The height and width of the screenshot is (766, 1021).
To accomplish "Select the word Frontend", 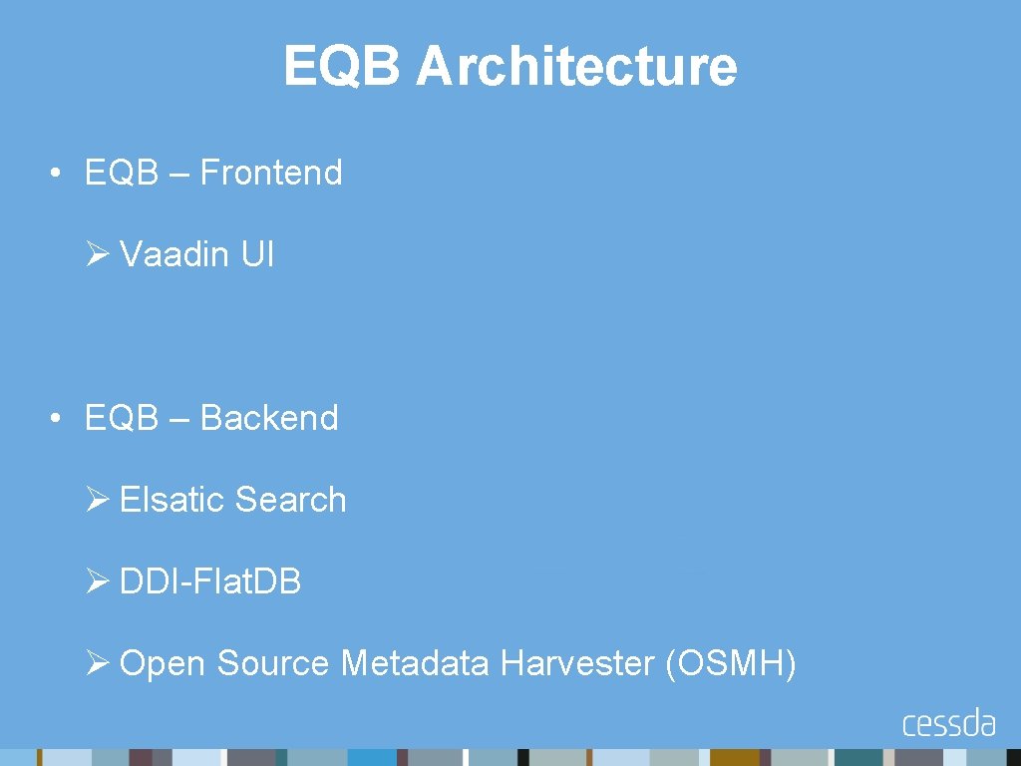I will tap(270, 173).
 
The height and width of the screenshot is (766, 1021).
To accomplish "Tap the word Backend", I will tap(269, 417).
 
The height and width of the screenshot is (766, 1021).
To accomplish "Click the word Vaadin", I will tap(174, 254).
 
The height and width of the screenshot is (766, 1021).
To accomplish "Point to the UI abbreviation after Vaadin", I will tap(256, 254).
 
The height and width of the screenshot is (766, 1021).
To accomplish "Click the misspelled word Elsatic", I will tap(172, 499).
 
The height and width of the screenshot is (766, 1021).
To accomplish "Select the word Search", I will tap(291, 499).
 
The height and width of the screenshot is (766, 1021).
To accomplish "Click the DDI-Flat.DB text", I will tap(209, 580).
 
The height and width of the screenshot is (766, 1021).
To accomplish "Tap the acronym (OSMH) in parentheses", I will tap(730, 662).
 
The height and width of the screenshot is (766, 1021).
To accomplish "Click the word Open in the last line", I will tap(164, 662).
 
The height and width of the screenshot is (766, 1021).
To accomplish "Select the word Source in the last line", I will tap(272, 662).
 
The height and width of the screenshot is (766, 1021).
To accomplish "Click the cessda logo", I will tap(948, 722).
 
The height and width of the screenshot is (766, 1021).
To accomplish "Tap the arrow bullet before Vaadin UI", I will tap(97, 255).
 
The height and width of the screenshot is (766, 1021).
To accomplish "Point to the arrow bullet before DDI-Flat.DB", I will tap(97, 581).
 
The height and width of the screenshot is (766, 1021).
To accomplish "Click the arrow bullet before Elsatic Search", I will tap(97, 500).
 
